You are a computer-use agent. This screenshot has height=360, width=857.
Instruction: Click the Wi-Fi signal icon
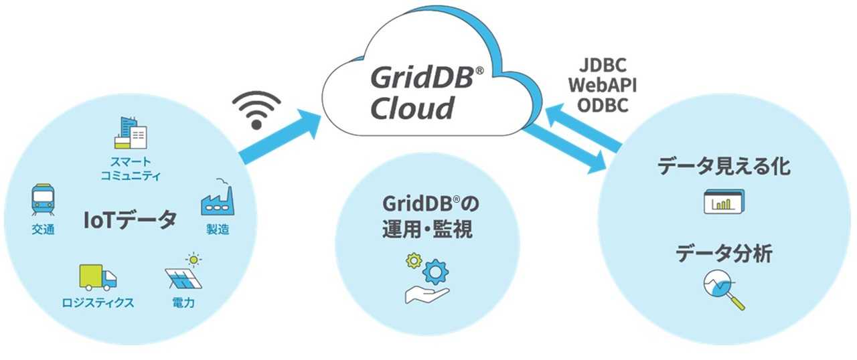[x=258, y=109]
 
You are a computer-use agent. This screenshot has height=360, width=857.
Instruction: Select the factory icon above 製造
[x=217, y=198]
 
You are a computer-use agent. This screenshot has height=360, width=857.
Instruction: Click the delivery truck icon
[x=98, y=277]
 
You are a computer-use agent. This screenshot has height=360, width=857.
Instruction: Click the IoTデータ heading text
[x=131, y=219]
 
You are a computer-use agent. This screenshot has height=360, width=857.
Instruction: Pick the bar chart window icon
[x=724, y=201]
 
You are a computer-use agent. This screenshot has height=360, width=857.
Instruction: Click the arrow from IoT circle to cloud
[x=281, y=139]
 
